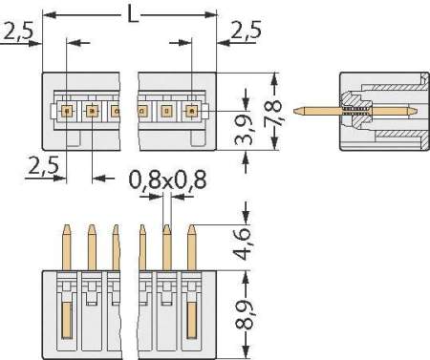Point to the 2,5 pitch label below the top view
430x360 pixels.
pyautogui.click(x=42, y=166)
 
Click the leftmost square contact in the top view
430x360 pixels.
pyautogui.click(x=67, y=112)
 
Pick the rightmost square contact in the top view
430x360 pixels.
pyautogui.click(x=191, y=112)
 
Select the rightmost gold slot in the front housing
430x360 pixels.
pyautogui.click(x=191, y=324)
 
